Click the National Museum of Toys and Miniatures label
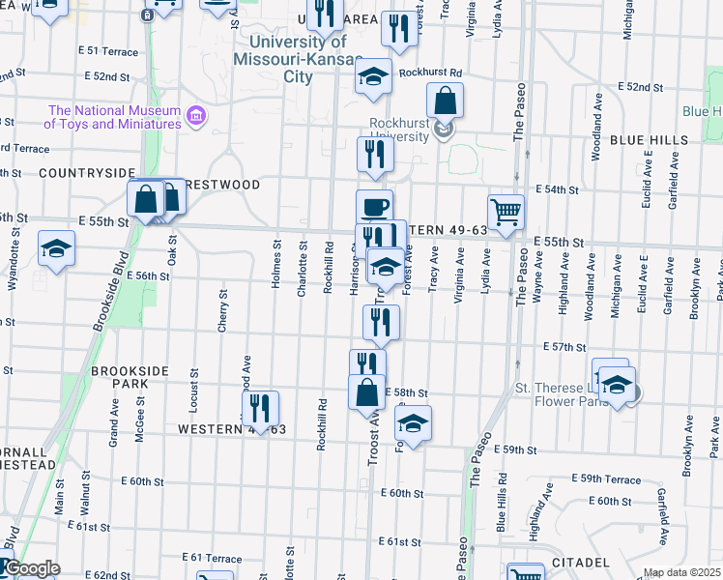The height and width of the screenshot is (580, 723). click(x=113, y=117)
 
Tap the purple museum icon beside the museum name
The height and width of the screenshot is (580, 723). click(x=196, y=117)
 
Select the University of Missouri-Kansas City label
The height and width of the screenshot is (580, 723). click(x=297, y=59)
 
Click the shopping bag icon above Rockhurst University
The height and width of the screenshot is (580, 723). click(x=445, y=100)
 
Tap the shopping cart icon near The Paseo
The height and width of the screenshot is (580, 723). click(x=506, y=211)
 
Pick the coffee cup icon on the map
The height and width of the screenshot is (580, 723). click(x=374, y=206)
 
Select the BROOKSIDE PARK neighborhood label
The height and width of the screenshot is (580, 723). click(x=130, y=377)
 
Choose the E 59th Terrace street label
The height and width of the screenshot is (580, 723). click(x=607, y=479)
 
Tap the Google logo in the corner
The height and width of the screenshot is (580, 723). click(x=31, y=569)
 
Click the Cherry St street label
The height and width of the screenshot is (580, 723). click(x=223, y=311)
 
